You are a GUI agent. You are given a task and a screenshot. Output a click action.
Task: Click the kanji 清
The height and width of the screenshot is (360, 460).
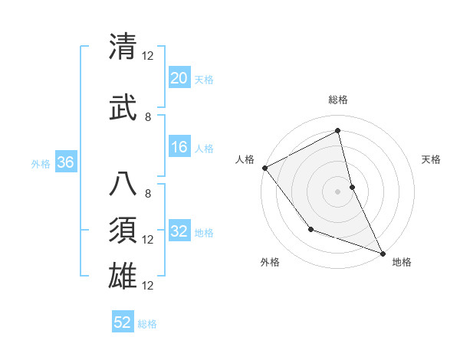(123, 47)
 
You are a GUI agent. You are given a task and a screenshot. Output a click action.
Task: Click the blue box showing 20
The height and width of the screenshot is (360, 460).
(179, 78)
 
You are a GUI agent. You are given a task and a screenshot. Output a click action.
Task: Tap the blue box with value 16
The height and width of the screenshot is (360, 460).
(179, 147)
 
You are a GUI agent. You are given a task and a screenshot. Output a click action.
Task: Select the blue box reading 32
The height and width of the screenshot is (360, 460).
(179, 231)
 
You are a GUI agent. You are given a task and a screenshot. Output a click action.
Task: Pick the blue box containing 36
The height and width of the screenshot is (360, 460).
(65, 162)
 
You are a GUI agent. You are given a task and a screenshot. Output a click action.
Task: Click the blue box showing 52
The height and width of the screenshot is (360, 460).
(123, 322)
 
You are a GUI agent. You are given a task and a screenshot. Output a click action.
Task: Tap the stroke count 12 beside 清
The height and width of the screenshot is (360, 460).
(148, 56)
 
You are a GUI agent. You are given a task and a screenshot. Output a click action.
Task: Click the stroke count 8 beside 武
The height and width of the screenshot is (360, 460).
(148, 116)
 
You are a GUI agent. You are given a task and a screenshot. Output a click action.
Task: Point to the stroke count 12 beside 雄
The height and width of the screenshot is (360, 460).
(148, 285)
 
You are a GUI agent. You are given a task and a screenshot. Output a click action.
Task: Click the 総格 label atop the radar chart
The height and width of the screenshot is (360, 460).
(337, 100)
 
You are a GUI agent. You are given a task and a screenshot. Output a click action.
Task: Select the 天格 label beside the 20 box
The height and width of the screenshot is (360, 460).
(203, 79)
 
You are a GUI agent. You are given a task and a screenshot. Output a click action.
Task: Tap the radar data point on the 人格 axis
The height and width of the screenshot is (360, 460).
(264, 168)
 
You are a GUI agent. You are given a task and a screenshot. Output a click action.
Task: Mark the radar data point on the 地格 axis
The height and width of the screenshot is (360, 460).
(382, 251)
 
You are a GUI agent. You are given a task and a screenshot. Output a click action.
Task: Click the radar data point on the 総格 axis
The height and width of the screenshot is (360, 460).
(337, 131)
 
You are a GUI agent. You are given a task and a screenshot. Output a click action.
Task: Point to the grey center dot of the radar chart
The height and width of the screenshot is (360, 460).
(337, 191)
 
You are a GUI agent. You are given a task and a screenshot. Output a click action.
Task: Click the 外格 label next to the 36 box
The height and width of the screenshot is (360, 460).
(41, 163)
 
